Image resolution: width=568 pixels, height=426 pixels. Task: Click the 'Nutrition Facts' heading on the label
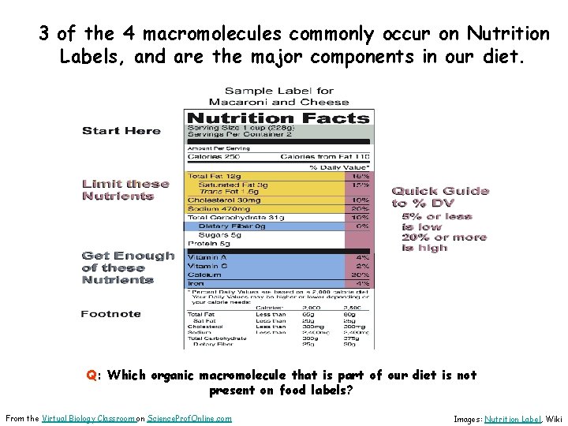[x=278, y=118]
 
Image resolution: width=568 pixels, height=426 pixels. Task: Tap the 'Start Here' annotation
[x=121, y=131]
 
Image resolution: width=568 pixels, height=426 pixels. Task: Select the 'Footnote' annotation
[x=110, y=314]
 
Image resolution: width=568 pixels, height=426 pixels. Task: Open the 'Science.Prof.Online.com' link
[x=189, y=418]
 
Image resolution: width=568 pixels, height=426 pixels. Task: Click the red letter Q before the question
[x=92, y=376]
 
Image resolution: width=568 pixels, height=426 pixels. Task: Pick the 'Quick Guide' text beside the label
[x=440, y=191]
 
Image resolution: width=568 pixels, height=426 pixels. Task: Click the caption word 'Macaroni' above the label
[x=236, y=102]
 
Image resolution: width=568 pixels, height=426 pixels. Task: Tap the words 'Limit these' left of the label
[x=125, y=184]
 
